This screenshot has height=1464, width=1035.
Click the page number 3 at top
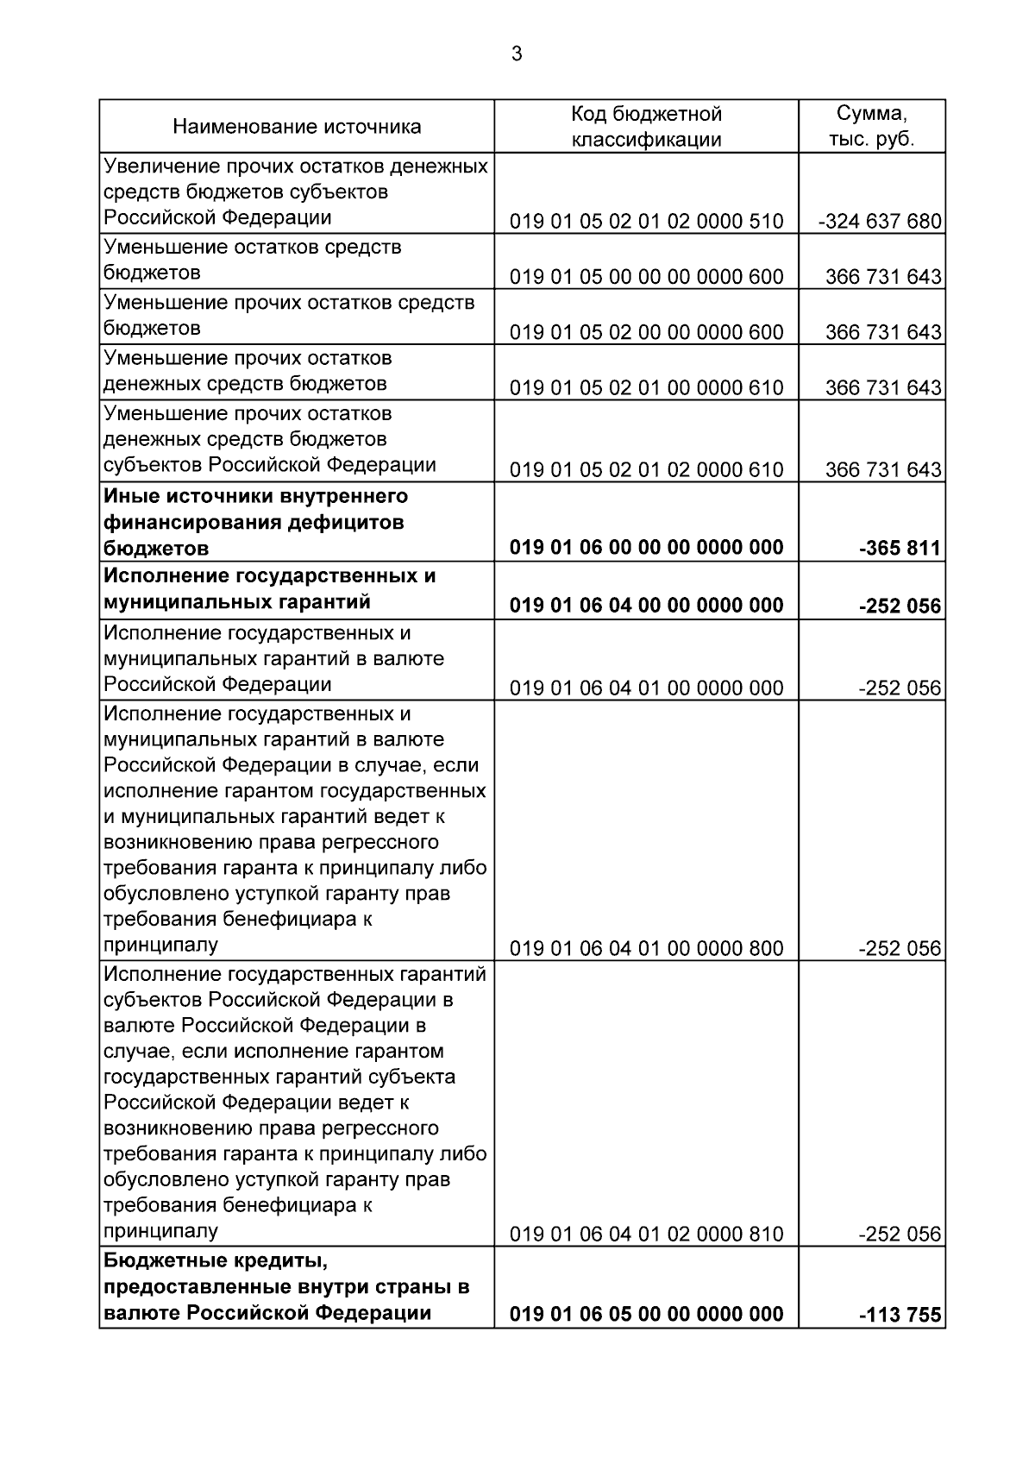click(517, 54)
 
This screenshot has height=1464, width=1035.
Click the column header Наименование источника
click(297, 127)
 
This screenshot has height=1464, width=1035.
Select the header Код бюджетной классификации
click(646, 127)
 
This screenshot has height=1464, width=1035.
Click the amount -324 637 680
click(880, 222)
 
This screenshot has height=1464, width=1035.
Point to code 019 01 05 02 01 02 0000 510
click(646, 222)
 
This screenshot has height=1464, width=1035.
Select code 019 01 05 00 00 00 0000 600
click(646, 277)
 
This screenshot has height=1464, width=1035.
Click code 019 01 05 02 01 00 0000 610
click(646, 387)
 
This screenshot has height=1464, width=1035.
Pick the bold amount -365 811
click(900, 548)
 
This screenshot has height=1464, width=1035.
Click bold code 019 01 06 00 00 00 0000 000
click(646, 548)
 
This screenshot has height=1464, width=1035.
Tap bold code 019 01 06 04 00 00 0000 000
click(646, 605)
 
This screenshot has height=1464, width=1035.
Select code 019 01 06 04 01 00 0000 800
click(646, 949)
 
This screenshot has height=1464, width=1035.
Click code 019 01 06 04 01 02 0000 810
click(646, 1235)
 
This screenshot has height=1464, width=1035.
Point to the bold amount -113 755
click(900, 1316)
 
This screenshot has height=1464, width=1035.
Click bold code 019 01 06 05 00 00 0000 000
click(646, 1314)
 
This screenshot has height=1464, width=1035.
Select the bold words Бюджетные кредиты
click(216, 1261)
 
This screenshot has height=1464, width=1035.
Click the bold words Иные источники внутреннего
click(255, 497)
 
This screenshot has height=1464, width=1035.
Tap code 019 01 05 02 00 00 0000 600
click(646, 332)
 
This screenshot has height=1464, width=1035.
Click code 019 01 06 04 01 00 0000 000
click(646, 688)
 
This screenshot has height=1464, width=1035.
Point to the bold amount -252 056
click(900, 606)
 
